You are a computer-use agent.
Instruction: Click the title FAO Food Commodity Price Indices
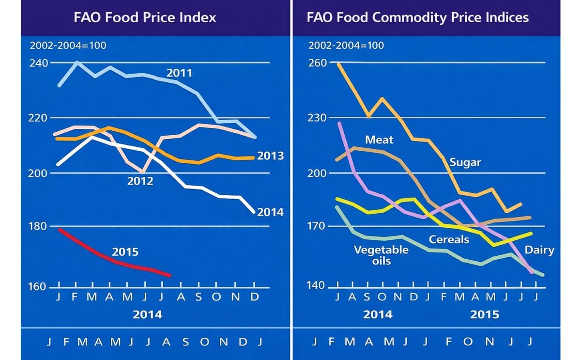pyautogui.click(x=417, y=18)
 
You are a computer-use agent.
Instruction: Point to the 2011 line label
pyautogui.click(x=179, y=73)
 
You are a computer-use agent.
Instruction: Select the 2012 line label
pyautogui.click(x=140, y=181)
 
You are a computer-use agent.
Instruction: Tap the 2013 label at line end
pyautogui.click(x=270, y=157)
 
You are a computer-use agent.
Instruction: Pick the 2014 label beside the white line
pyautogui.click(x=270, y=212)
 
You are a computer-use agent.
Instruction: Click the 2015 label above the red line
pyautogui.click(x=125, y=252)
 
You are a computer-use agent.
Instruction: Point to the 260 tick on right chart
pyautogui.click(x=318, y=63)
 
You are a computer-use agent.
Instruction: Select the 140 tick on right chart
pyautogui.click(x=318, y=285)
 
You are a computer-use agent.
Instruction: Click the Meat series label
pyautogui.click(x=379, y=140)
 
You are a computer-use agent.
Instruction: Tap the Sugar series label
pyautogui.click(x=465, y=162)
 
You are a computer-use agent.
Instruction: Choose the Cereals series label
pyautogui.click(x=449, y=239)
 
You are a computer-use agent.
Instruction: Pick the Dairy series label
pyautogui.click(x=539, y=250)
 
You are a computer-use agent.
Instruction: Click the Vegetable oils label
pyautogui.click(x=381, y=255)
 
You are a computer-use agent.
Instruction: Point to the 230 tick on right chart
pyautogui.click(x=318, y=118)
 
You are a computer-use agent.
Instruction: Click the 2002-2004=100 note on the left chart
pyautogui.click(x=68, y=46)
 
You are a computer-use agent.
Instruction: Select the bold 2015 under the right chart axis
pyautogui.click(x=485, y=314)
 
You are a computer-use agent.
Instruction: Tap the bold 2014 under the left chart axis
pyautogui.click(x=148, y=314)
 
